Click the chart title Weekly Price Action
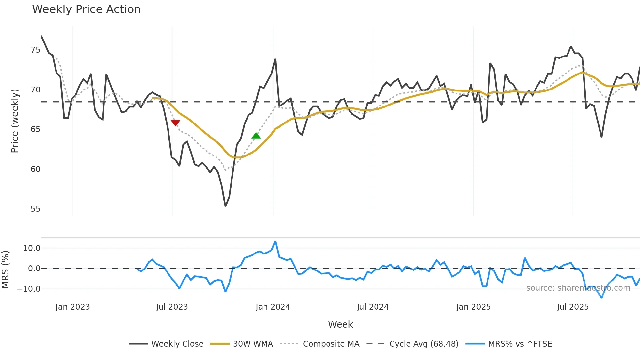[x=86, y=9]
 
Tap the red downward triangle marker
[x=175, y=123]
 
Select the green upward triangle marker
[x=256, y=136]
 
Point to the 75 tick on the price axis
[x=35, y=50]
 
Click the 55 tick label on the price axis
[x=35, y=209]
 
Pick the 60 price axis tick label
[x=35, y=169]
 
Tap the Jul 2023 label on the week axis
[x=172, y=307]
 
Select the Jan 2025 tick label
[x=473, y=307]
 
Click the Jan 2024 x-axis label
[x=273, y=307]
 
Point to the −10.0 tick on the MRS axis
[x=29, y=289]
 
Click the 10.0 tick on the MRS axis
[x=32, y=248]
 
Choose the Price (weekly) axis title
[x=15, y=121]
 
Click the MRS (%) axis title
[x=5, y=270]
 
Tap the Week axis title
[x=340, y=324]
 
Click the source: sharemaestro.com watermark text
[x=578, y=288]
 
